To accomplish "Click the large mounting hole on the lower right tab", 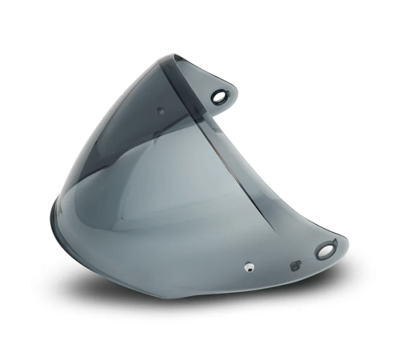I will point(325,251).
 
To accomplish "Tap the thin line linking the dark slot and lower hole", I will point(306,260).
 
